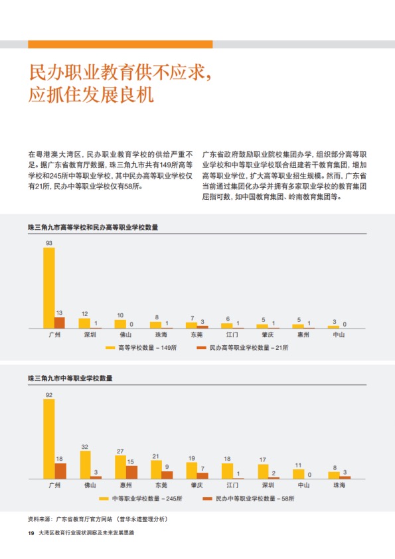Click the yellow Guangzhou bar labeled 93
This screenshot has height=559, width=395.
click(x=49, y=287)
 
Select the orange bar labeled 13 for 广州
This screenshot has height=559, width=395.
click(x=60, y=323)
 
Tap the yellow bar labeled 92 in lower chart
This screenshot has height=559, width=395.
click(x=49, y=439)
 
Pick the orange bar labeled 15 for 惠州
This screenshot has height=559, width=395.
click(x=131, y=472)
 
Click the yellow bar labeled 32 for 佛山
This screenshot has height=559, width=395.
click(x=85, y=465)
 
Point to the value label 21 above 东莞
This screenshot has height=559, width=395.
click(x=156, y=456)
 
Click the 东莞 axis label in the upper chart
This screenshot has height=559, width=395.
click(x=197, y=335)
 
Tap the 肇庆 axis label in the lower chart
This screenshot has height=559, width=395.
click(x=197, y=485)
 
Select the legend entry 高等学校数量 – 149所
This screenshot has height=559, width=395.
click(x=141, y=348)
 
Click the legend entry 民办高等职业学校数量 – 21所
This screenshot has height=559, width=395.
click(x=242, y=348)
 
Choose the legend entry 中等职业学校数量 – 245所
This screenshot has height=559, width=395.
click(x=141, y=499)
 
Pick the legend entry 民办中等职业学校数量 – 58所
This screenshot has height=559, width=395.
click(x=248, y=499)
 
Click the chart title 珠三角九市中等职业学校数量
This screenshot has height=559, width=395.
click(x=70, y=378)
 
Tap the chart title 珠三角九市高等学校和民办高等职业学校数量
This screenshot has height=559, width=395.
click(x=93, y=228)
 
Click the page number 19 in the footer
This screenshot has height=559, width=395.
click(x=31, y=533)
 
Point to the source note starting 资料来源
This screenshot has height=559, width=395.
click(x=98, y=519)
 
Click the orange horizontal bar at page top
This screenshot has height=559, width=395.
click(x=121, y=44)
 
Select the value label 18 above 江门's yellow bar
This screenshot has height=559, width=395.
click(x=227, y=459)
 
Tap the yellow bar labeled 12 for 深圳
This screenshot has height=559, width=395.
click(x=84, y=323)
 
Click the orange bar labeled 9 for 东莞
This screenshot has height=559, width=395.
click(x=167, y=475)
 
